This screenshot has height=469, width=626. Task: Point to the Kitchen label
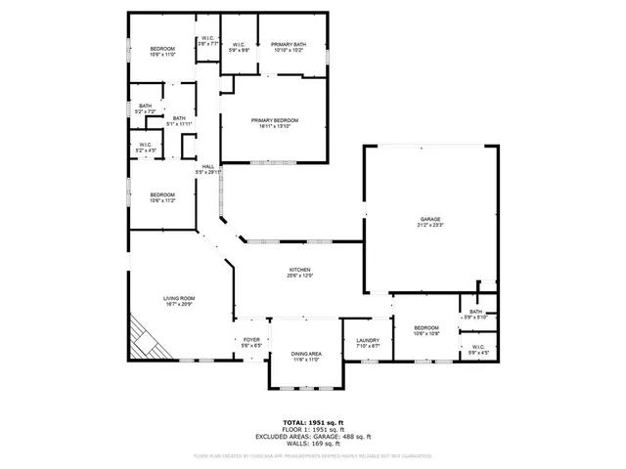click(x=299, y=272)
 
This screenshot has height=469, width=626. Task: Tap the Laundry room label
click(x=367, y=341)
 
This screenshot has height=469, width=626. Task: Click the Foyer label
click(x=251, y=341)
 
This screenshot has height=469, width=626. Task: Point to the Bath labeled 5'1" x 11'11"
click(x=179, y=121)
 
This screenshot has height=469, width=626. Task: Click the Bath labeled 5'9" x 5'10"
click(x=476, y=315)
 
